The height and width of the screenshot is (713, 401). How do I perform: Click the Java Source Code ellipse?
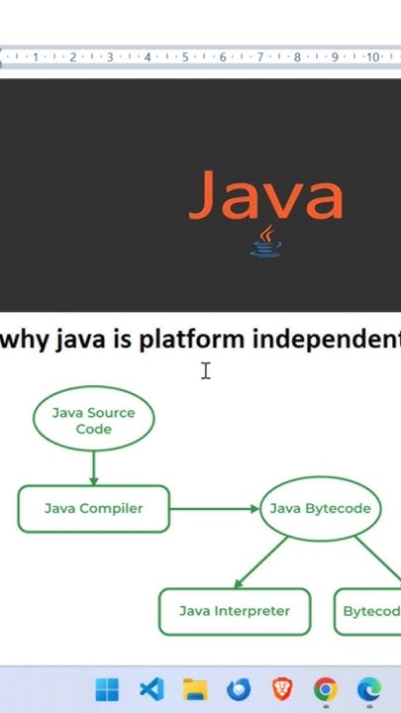(93, 421)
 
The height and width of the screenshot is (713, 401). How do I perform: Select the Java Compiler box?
(93, 509)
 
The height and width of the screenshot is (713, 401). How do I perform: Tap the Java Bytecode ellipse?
(320, 509)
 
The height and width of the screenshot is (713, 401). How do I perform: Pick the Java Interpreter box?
(235, 612)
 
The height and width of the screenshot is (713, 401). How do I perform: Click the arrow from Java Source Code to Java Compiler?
(93, 465)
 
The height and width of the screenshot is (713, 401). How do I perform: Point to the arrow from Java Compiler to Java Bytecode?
(214, 509)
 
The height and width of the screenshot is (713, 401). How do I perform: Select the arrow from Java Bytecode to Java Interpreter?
(259, 562)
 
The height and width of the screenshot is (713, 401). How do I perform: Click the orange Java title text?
(265, 195)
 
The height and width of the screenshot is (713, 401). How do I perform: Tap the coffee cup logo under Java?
(265, 241)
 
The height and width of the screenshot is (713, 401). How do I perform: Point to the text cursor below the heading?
(206, 371)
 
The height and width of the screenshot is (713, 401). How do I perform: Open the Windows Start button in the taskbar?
(107, 689)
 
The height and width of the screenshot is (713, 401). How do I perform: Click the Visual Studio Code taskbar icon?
(150, 689)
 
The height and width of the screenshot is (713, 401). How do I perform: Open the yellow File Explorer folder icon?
(195, 689)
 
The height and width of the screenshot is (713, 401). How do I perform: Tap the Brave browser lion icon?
(282, 689)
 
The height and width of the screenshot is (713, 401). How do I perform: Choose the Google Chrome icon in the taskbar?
(326, 689)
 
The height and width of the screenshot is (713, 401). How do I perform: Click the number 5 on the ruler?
(185, 57)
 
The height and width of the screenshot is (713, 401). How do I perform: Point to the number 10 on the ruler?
(373, 57)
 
